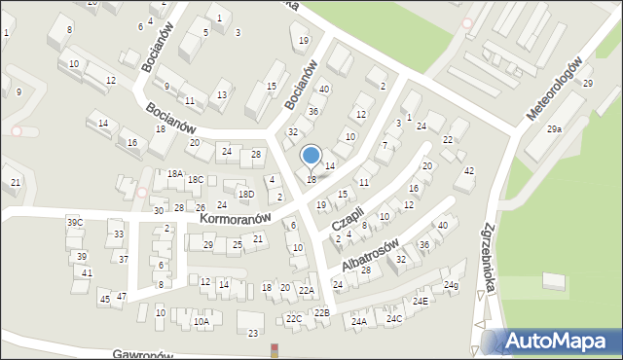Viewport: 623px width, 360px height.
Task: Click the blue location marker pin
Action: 311,156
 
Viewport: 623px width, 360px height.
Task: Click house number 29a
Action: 554,129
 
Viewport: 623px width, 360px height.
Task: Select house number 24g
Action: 450,285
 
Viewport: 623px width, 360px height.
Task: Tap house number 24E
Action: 420,302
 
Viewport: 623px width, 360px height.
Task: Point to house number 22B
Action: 321,312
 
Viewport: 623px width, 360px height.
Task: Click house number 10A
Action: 201,321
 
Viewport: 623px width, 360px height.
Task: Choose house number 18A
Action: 174,173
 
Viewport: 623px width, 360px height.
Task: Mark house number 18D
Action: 247,195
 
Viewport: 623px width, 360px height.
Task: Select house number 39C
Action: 74,223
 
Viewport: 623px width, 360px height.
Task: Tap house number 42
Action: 469,171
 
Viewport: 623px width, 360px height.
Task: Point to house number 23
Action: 253,334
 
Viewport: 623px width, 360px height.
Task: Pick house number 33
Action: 119,234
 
